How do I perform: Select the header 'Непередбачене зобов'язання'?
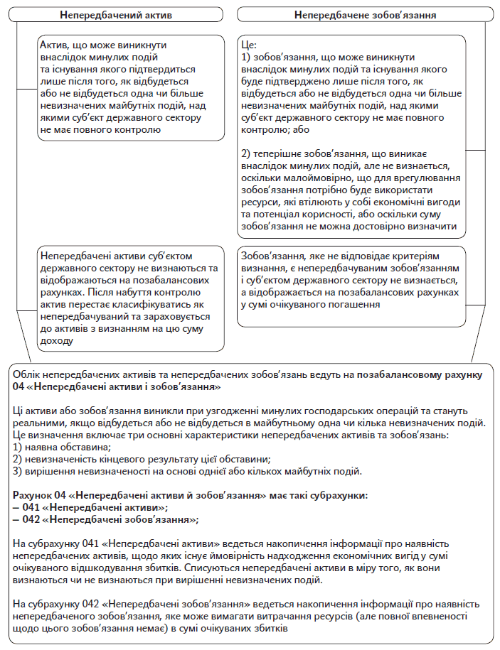pyautogui.click(x=365, y=14)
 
